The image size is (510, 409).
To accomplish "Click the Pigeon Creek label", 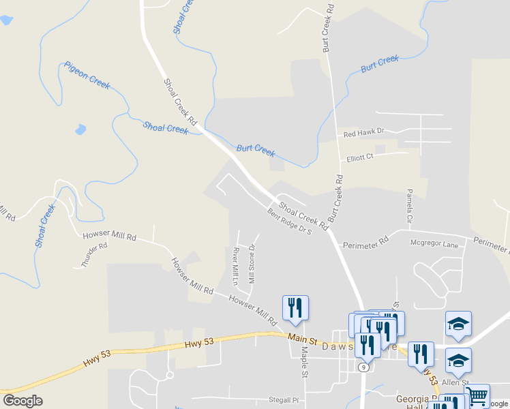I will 87,75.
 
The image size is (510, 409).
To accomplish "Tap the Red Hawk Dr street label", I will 364,132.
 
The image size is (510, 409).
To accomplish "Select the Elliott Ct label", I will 360,157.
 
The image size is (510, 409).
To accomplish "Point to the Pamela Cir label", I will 410,207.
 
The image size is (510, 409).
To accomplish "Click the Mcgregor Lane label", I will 434,243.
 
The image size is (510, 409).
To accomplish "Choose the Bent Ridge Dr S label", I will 289,221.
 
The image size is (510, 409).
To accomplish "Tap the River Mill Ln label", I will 235,267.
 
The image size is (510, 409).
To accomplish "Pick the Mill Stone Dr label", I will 252,264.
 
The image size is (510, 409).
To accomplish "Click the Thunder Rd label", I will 94,255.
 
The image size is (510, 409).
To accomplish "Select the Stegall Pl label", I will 284,400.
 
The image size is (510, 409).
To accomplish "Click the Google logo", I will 23,401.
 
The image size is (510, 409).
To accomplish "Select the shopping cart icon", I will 477,395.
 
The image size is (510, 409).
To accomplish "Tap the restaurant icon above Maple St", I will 295,307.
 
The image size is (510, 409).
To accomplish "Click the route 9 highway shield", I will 365,367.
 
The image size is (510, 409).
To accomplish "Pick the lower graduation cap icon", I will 458,360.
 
